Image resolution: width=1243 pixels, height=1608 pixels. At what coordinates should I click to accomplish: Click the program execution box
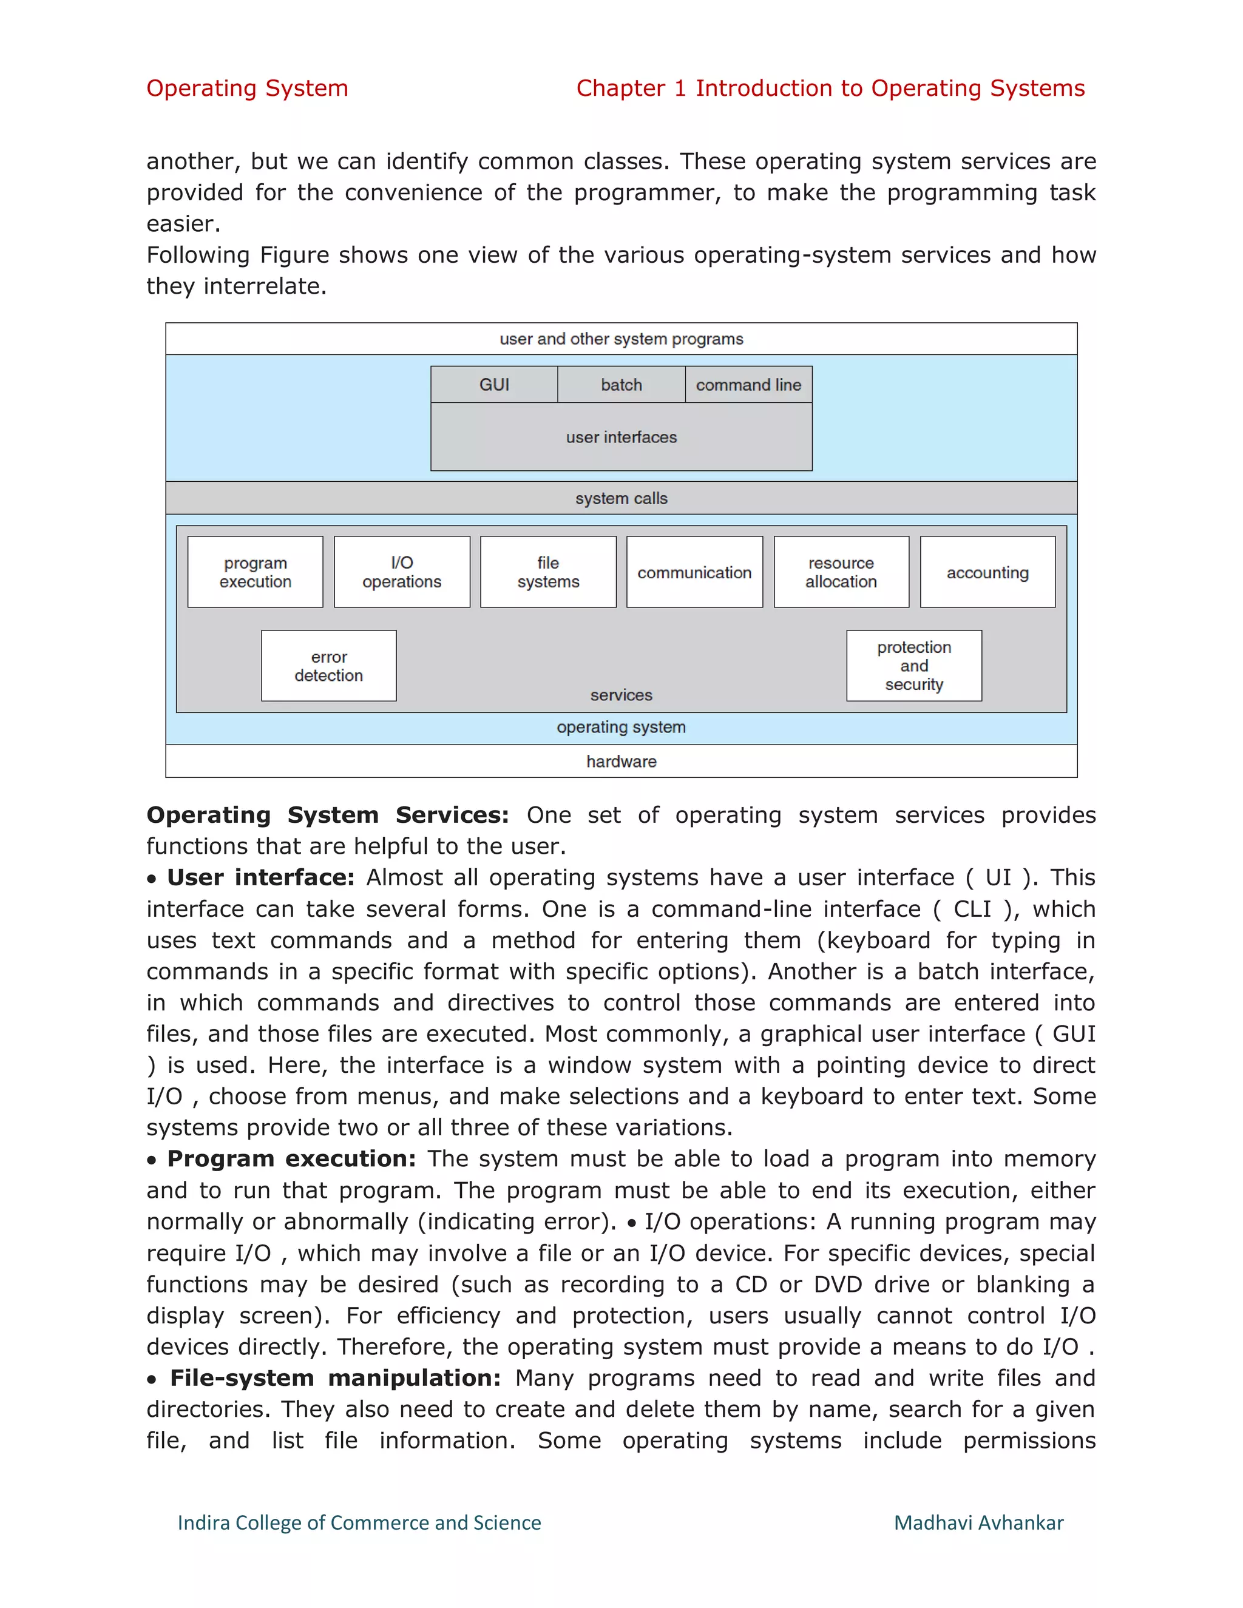pyautogui.click(x=256, y=572)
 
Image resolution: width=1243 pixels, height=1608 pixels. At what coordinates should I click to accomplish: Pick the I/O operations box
pyautogui.click(x=402, y=572)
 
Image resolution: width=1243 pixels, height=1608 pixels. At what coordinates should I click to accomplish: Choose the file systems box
pyautogui.click(x=548, y=572)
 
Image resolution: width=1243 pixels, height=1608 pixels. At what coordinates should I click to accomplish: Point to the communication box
pyautogui.click(x=694, y=572)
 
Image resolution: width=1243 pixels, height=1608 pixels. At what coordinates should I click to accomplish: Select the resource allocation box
pyautogui.click(x=841, y=572)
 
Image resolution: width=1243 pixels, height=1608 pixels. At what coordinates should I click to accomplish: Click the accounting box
pyautogui.click(x=987, y=572)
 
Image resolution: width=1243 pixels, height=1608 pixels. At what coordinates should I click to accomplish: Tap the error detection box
pyautogui.click(x=328, y=666)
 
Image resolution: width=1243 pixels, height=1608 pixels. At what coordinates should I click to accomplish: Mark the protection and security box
pyautogui.click(x=914, y=666)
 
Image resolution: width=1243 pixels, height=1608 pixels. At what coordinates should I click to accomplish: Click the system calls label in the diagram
pyautogui.click(x=621, y=498)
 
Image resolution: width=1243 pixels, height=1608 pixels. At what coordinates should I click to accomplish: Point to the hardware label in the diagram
pyautogui.click(x=621, y=762)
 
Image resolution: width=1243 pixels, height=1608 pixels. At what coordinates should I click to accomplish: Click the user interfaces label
pyautogui.click(x=621, y=437)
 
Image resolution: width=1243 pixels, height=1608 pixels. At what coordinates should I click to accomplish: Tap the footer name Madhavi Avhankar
pyautogui.click(x=978, y=1522)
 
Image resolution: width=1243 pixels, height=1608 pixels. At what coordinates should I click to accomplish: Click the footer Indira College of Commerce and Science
pyautogui.click(x=359, y=1522)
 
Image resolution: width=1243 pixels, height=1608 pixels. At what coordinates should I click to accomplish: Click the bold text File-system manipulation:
pyautogui.click(x=335, y=1378)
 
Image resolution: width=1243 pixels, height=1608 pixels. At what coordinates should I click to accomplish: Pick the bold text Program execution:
pyautogui.click(x=291, y=1159)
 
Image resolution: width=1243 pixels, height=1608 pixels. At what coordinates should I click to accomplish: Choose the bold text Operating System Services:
pyautogui.click(x=328, y=815)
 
